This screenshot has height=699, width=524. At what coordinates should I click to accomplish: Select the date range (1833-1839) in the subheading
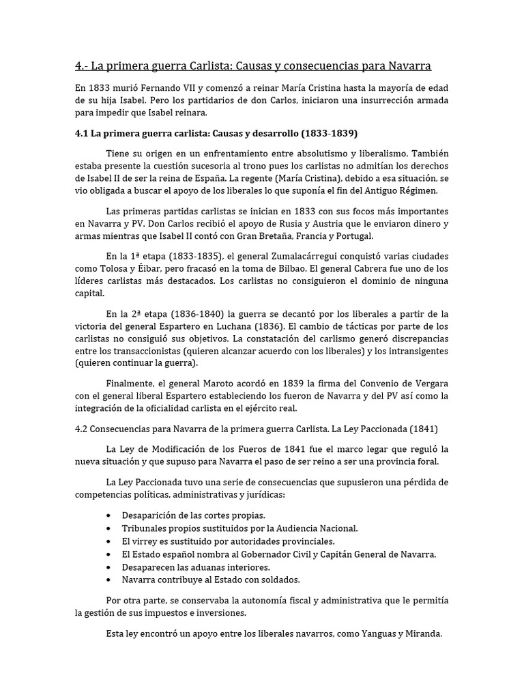click(x=306, y=132)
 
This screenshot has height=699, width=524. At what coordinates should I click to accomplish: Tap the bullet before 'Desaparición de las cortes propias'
click(x=111, y=515)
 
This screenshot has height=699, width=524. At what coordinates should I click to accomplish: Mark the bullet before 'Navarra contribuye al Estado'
click(x=111, y=580)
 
